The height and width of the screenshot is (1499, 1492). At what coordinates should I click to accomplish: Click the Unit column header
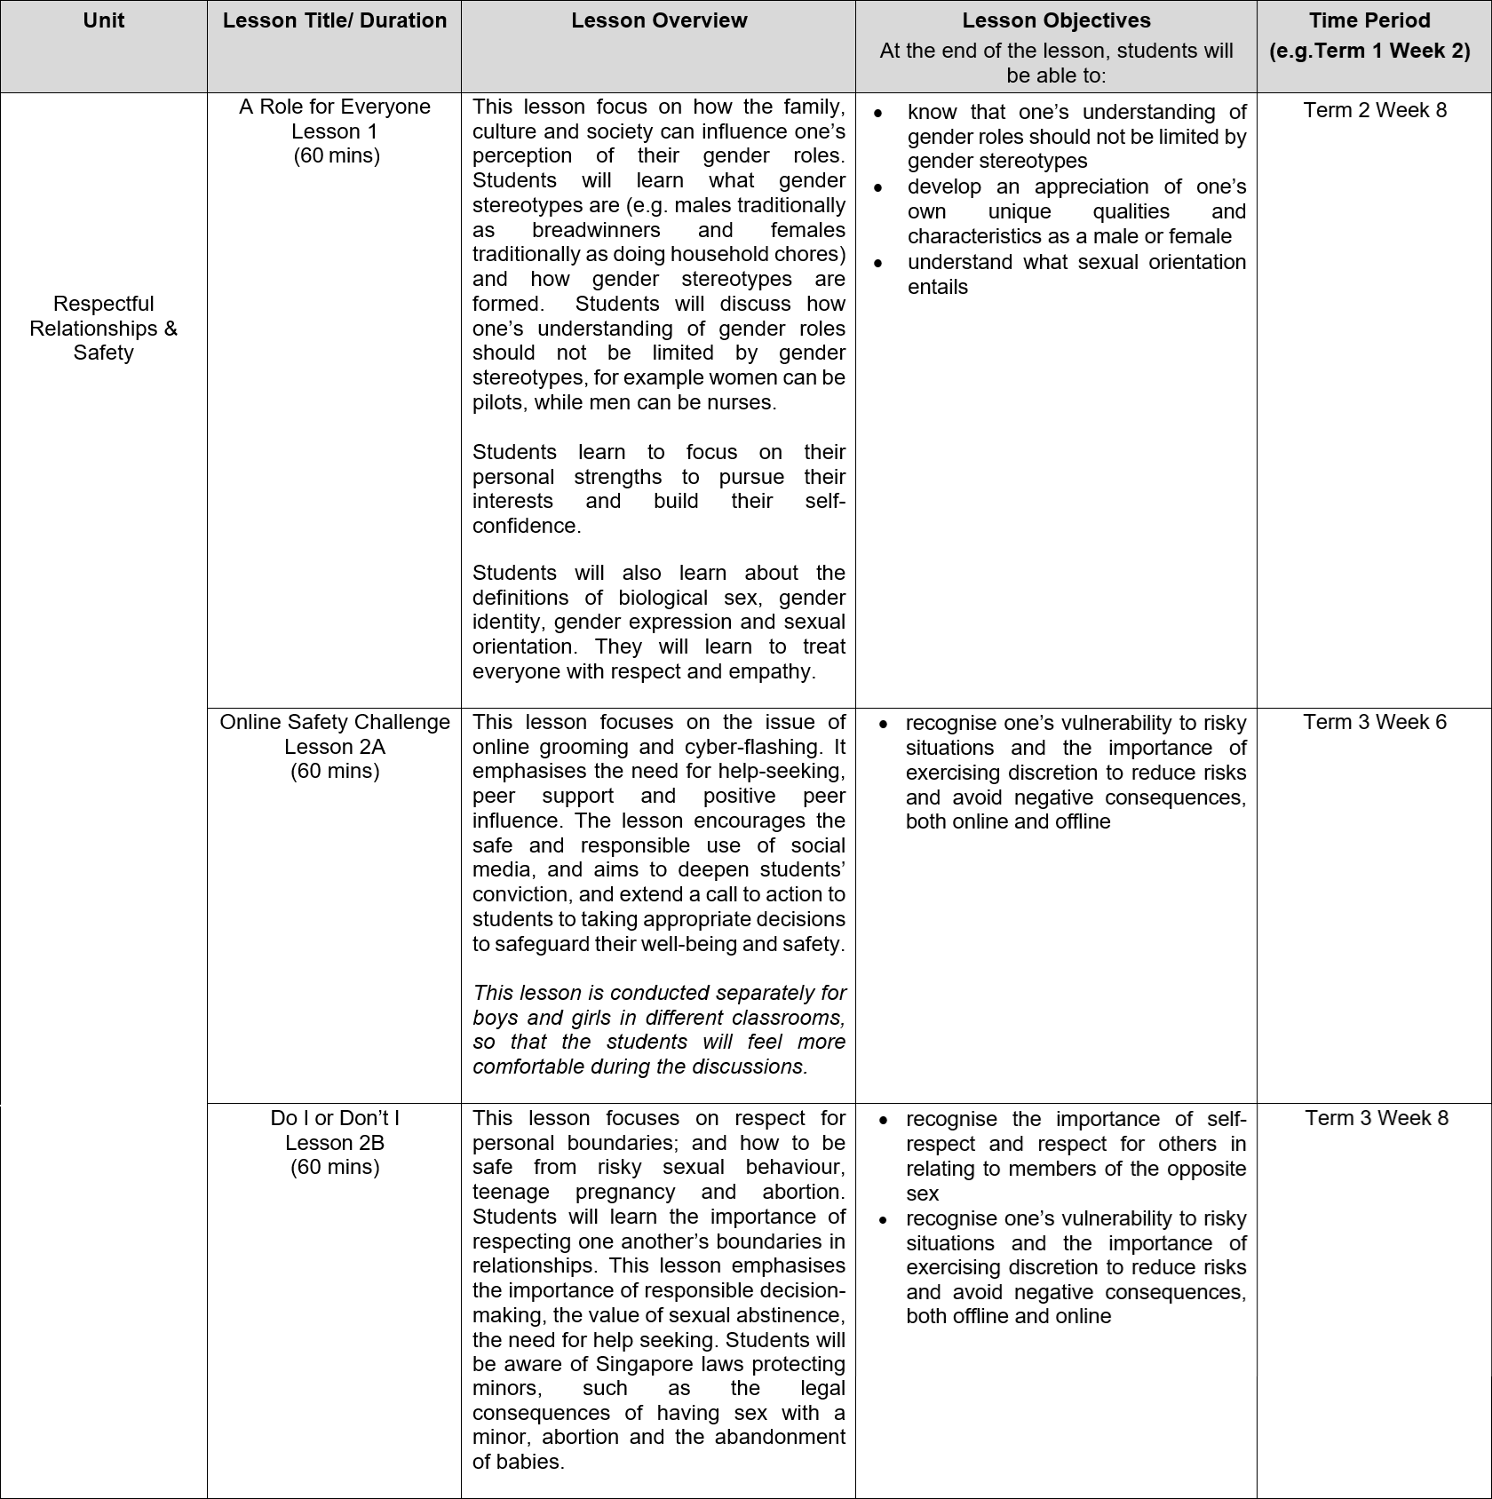pos(103,20)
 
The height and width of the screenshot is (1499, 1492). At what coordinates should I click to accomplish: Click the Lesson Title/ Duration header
pos(335,20)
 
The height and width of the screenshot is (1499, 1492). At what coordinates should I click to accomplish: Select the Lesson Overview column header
pos(659,20)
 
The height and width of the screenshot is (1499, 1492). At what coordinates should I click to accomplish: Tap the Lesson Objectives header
pos(1056,20)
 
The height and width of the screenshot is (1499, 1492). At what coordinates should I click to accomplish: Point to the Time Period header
pos(1369,20)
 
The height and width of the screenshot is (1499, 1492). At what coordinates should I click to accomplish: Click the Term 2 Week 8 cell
pos(1375,110)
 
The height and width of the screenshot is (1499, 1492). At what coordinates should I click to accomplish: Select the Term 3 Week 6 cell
pos(1375,722)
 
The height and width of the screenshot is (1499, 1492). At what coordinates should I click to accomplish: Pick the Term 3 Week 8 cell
pos(1376,1118)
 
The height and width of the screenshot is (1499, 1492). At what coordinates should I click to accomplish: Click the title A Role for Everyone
pos(335,107)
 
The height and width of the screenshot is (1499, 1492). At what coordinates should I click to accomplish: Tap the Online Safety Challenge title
pos(335,722)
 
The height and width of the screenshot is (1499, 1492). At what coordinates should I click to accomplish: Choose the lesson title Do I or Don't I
pos(335,1118)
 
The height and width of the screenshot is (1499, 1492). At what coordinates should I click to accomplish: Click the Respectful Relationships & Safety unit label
pos(103,328)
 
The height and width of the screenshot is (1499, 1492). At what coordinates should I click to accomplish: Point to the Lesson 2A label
pos(335,747)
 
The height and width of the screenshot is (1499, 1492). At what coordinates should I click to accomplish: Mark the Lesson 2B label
pos(335,1143)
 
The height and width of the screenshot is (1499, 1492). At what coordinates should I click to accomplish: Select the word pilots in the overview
pos(499,402)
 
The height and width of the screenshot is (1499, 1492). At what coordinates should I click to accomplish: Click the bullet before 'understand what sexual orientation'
pos(878,263)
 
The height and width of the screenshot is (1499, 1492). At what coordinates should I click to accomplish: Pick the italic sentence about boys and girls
pos(659,1029)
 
